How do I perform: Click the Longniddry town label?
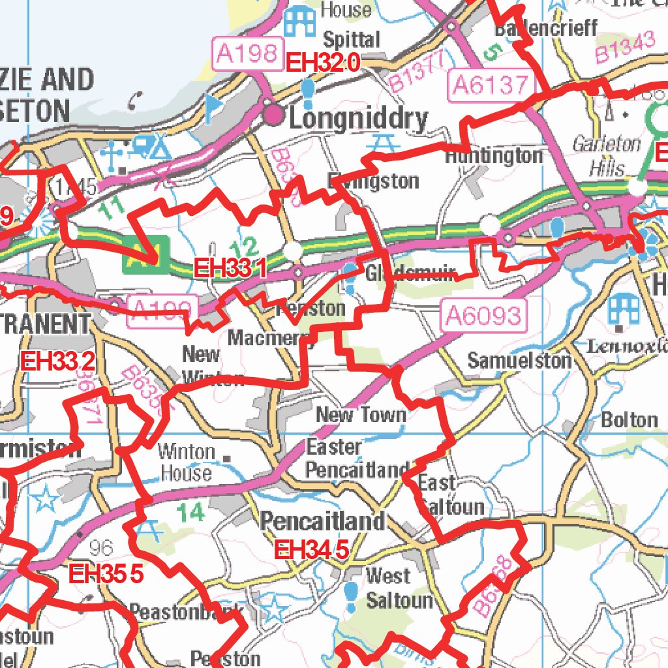click(358, 119)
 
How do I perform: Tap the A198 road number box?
click(247, 53)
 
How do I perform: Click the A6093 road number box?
click(483, 316)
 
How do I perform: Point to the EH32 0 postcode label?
click(323, 63)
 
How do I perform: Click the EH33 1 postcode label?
click(230, 268)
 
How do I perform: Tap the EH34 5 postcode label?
click(311, 550)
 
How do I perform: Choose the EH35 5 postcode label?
click(106, 574)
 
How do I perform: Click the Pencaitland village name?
click(323, 521)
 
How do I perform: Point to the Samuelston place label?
click(519, 360)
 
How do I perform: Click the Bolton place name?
click(630, 419)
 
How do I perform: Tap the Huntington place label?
click(494, 156)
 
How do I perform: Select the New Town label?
click(361, 414)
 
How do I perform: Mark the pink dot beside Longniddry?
click(274, 115)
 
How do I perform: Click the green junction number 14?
click(191, 513)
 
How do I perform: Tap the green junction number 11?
click(112, 207)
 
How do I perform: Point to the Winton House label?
click(187, 462)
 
